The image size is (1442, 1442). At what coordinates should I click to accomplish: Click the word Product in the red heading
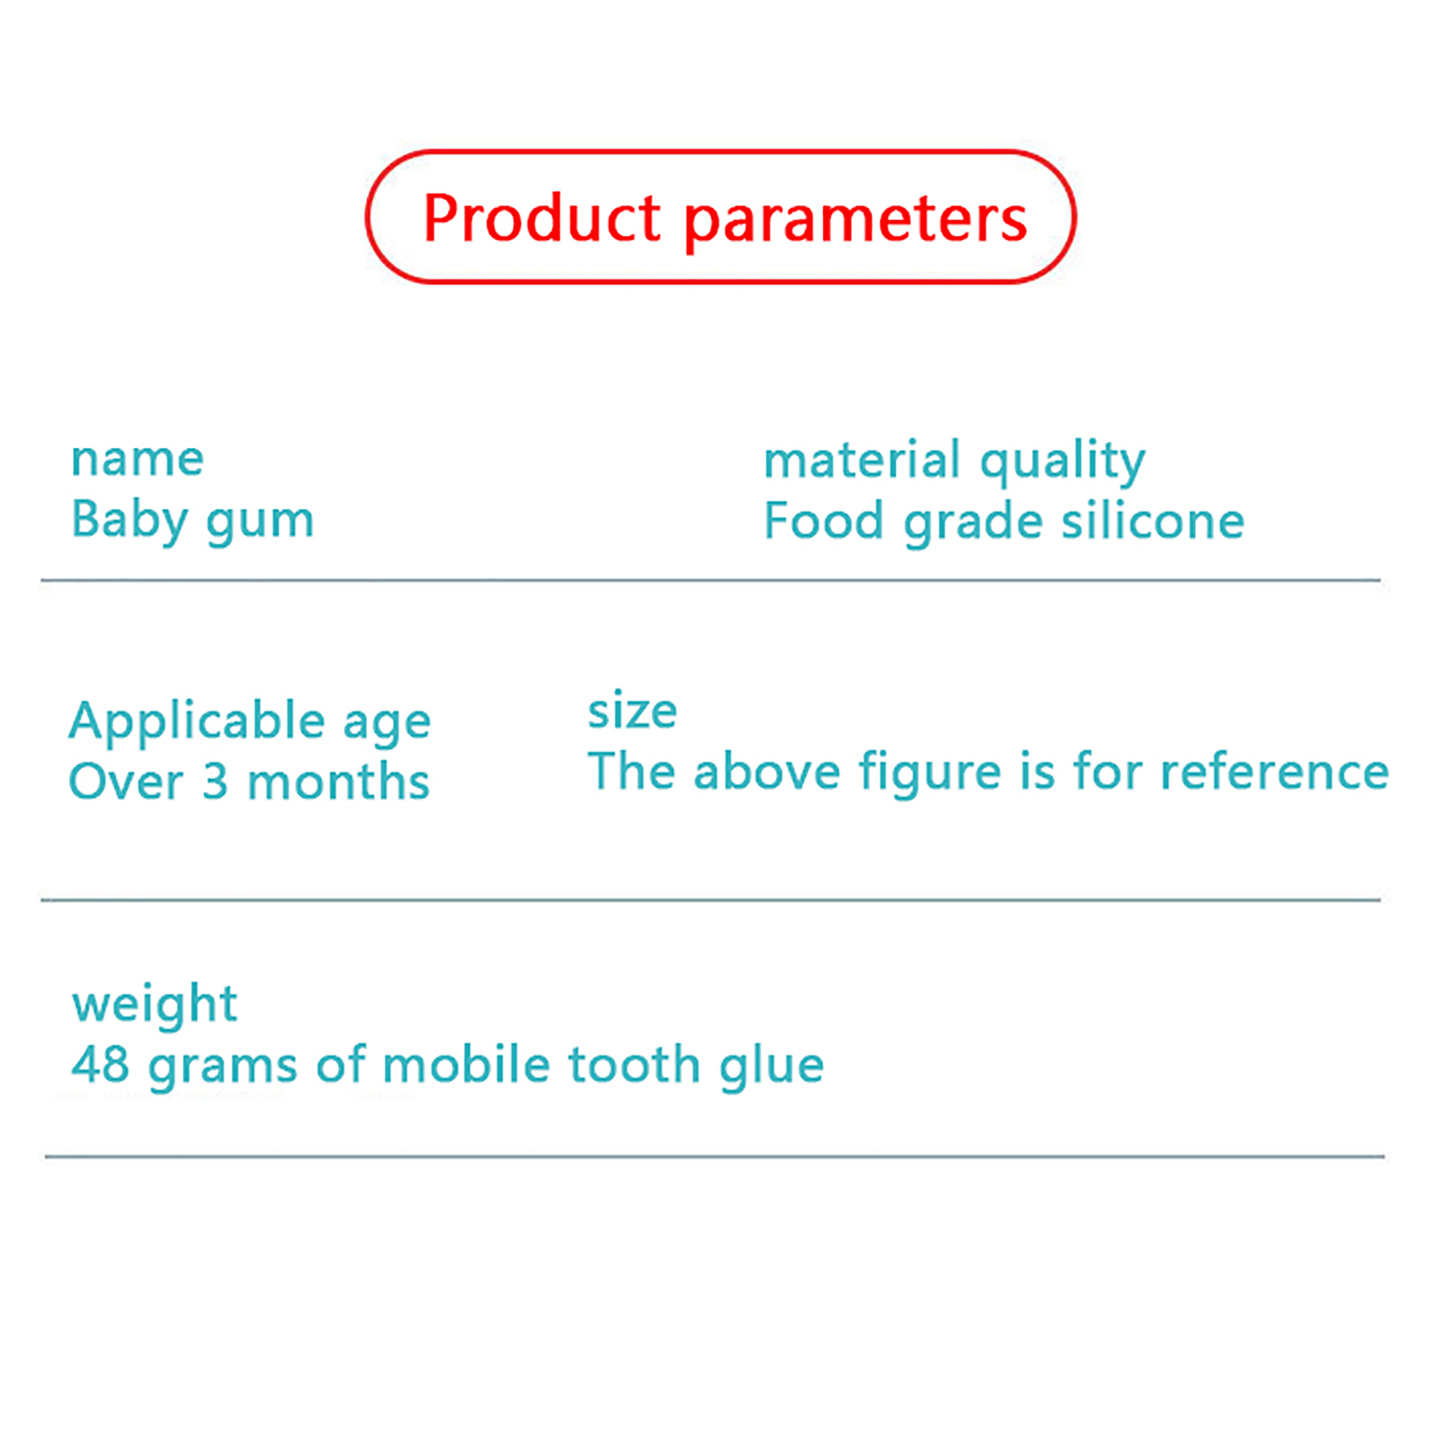pos(542,218)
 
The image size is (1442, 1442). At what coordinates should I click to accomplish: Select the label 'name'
pos(138,460)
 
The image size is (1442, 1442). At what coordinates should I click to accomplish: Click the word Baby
pos(130,521)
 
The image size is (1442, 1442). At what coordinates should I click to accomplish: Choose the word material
pos(862,460)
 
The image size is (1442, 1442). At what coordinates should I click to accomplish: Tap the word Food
pos(824,521)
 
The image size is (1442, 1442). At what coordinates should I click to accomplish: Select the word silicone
pos(1154,521)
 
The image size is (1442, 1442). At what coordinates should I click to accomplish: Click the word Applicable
pos(197,724)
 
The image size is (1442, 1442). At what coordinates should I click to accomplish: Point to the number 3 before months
pos(214,781)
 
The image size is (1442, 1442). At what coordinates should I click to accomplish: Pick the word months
pos(339,781)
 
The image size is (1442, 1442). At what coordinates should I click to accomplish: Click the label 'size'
pos(632,712)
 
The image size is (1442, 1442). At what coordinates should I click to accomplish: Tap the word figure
pos(929,774)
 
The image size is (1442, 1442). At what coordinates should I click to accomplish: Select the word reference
pos(1274,772)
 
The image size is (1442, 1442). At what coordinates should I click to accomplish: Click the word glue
pos(772,1067)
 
